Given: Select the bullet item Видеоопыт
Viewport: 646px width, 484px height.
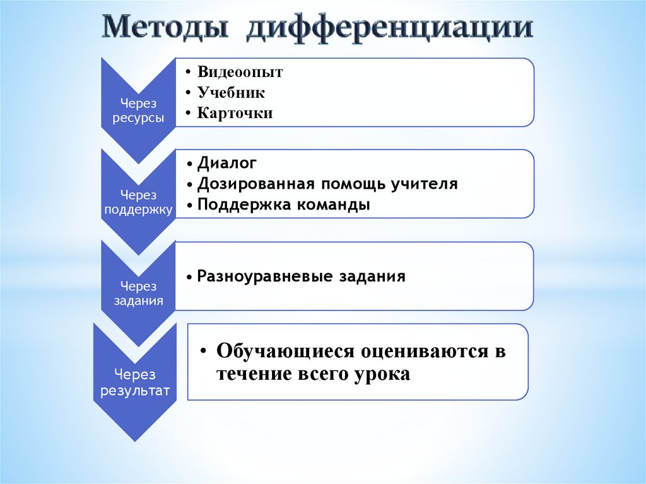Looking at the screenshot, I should [x=240, y=72].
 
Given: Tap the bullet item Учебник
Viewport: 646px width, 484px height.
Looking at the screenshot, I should [x=231, y=93].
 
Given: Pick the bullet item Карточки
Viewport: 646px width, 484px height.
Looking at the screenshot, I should [x=235, y=114].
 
